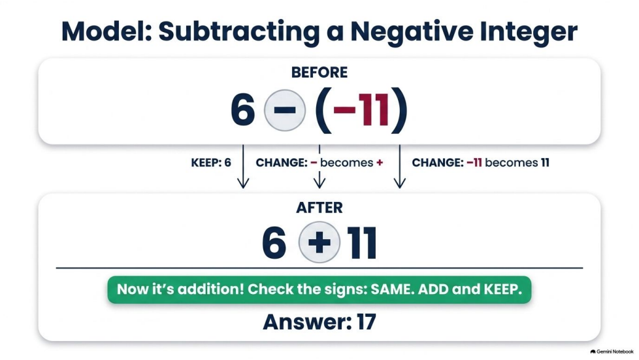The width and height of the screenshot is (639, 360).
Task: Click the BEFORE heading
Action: pos(319,72)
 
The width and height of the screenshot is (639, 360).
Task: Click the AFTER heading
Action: pos(319,208)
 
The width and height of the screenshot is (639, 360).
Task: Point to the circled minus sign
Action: pos(285,110)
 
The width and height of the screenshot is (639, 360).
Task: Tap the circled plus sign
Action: pos(319,242)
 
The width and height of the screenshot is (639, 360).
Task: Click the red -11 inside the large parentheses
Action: pos(361,110)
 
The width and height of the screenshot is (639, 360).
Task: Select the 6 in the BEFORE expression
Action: pos(243,110)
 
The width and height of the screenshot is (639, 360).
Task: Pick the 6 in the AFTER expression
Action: pos(274,243)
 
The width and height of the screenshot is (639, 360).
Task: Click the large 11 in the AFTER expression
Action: pos(361,243)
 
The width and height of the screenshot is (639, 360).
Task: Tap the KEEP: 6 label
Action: pos(211,163)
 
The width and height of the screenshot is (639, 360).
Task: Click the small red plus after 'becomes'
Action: pos(380,163)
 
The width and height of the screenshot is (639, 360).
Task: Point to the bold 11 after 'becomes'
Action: pos(545,163)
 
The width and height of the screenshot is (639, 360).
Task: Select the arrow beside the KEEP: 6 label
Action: pos(243,167)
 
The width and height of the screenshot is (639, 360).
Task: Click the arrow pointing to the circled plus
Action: pos(319,167)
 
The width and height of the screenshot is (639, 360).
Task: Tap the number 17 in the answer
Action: pos(367,322)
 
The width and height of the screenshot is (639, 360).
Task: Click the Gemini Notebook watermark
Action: pos(612,352)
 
